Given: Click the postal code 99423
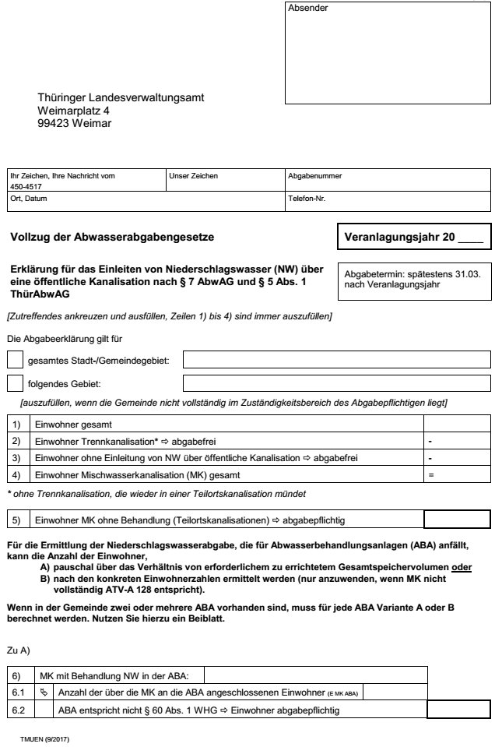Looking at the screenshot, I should click(x=55, y=122).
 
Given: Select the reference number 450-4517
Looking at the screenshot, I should click(x=26, y=187).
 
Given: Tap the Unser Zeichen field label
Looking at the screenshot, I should click(x=193, y=176).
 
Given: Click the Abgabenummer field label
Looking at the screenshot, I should click(x=314, y=176).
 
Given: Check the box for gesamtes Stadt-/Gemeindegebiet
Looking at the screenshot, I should click(x=15, y=361).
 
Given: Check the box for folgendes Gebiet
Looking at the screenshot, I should click(x=15, y=383).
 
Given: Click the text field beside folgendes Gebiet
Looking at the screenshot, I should click(x=336, y=383).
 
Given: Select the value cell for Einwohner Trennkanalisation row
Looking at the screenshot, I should click(x=455, y=441).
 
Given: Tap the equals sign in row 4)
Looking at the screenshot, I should click(x=430, y=474).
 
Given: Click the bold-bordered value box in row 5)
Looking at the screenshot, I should click(x=456, y=519).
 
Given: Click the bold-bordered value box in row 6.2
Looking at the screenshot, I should click(x=459, y=709).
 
